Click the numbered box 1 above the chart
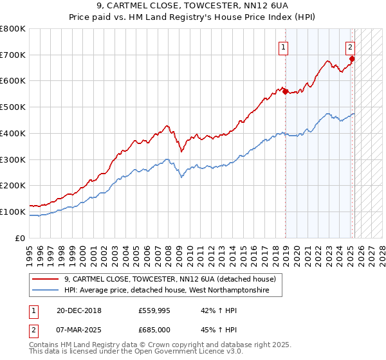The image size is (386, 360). pyautogui.click(x=283, y=46)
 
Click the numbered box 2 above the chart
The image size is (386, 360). pyautogui.click(x=350, y=46)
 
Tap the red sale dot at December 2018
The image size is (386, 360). pyautogui.click(x=285, y=92)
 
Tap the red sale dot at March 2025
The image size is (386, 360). pyautogui.click(x=352, y=59)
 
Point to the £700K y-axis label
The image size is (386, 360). pyautogui.click(x=13, y=55)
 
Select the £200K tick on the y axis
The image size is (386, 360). pyautogui.click(x=13, y=185)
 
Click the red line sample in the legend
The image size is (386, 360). pyautogui.click(x=46, y=279)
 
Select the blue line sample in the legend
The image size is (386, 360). pyautogui.click(x=46, y=291)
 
